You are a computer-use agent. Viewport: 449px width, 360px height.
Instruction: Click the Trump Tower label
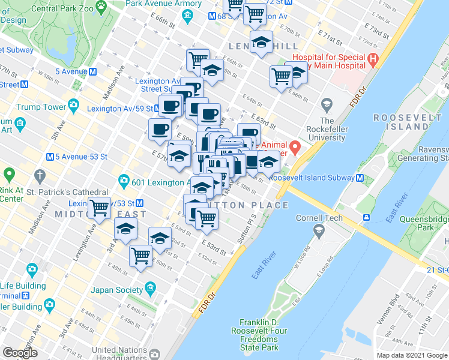click(x=41, y=107)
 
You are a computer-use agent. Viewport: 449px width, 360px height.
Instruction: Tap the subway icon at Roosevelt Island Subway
click(x=360, y=178)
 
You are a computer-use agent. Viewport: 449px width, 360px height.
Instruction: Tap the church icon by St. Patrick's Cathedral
click(x=40, y=176)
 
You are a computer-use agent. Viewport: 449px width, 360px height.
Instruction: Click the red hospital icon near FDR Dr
click(x=373, y=59)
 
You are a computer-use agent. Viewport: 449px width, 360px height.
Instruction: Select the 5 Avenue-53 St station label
click(x=81, y=157)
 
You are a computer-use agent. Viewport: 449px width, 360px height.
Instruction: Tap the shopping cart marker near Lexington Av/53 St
click(x=99, y=208)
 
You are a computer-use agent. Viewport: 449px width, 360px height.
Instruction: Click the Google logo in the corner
click(x=20, y=353)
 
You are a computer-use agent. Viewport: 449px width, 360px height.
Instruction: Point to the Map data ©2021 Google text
click(x=412, y=355)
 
